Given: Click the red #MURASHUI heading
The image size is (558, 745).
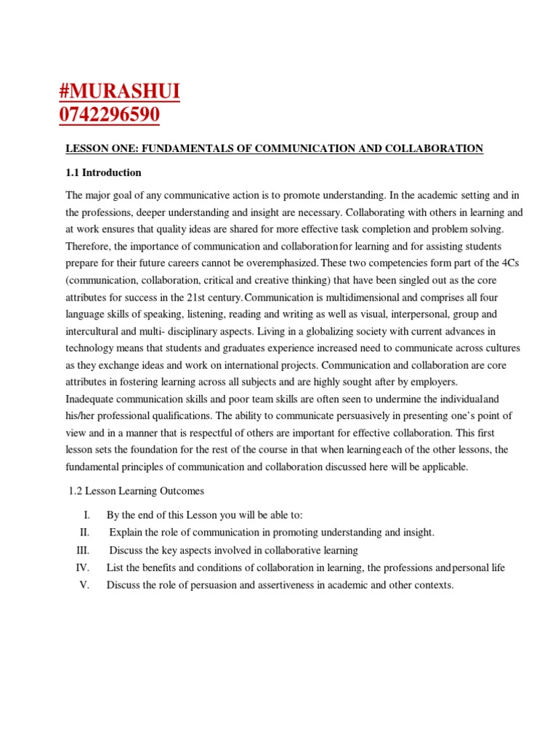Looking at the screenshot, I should coord(119,92).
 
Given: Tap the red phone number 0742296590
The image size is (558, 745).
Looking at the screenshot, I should coord(110,116).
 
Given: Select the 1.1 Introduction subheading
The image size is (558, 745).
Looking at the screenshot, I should coord(104,172).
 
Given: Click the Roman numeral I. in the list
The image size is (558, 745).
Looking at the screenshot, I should coord(86,515).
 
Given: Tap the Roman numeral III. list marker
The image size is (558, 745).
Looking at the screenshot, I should coord(83,550).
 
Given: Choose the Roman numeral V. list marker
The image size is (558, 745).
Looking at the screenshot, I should coord(84,585).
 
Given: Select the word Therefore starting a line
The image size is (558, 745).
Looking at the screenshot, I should coord(89,247).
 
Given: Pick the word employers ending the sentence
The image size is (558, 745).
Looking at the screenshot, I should coord(434,382).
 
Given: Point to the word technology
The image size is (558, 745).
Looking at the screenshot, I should coord(90,348).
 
